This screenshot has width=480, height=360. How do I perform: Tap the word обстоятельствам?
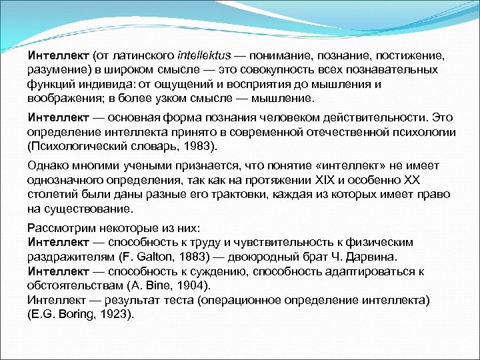[x=75, y=285]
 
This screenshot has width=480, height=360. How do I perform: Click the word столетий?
[x=53, y=195]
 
